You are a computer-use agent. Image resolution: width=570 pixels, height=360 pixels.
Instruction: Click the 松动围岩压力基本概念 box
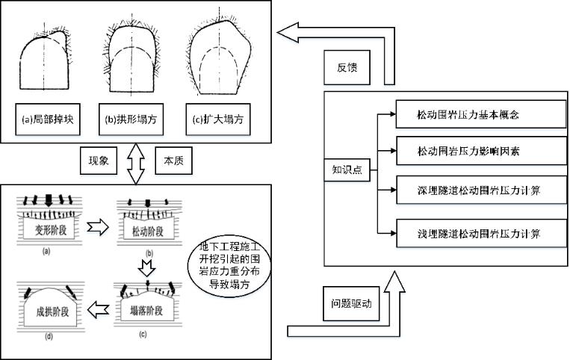point(479,116)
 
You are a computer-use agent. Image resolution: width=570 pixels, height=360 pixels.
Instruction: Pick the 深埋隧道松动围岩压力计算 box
point(479,191)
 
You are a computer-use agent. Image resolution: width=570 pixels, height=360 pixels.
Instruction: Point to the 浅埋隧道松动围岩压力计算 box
point(479,234)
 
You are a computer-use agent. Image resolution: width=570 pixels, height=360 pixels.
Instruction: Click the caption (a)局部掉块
point(46,120)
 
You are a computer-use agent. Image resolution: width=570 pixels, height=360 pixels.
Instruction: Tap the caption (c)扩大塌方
point(217,120)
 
